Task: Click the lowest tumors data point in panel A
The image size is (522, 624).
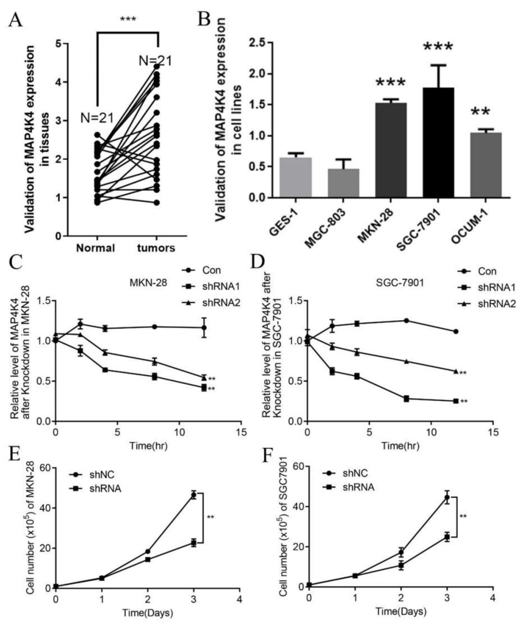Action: (x=157, y=203)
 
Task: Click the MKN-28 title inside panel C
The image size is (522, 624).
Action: (x=148, y=283)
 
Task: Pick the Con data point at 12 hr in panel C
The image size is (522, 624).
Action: (x=204, y=328)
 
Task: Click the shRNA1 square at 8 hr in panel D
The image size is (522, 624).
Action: (x=406, y=399)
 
